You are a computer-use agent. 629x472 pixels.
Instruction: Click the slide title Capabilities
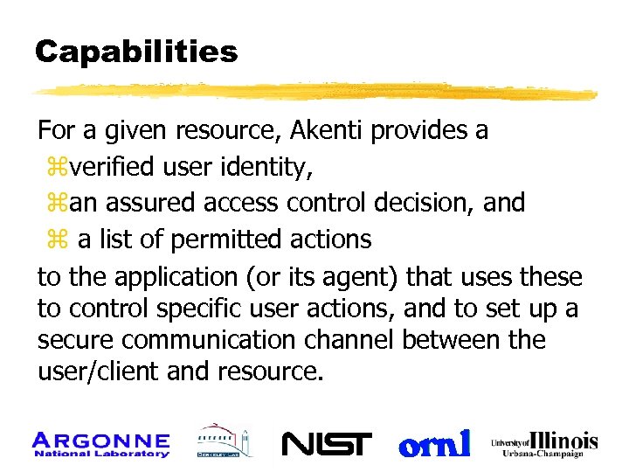[x=136, y=52]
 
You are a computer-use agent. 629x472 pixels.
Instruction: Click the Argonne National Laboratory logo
[x=100, y=443]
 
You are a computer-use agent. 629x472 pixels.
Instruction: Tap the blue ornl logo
[x=434, y=443]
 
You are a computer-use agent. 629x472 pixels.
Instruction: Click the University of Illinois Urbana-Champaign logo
[x=544, y=443]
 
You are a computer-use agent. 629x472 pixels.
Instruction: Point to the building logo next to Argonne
[x=222, y=442]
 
